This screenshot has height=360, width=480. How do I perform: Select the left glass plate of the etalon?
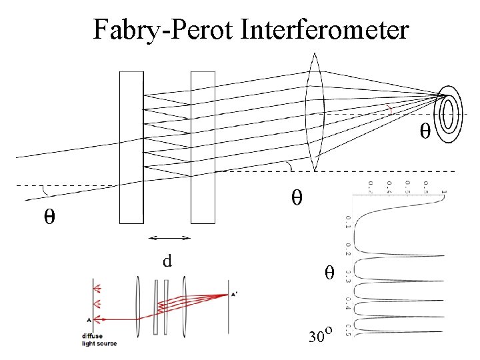[131, 147]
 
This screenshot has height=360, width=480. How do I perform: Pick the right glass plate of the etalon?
[203, 147]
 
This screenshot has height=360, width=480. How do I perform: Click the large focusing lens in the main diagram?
[314, 113]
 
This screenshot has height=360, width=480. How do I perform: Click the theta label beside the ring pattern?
[424, 131]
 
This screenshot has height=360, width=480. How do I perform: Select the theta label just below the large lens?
[297, 197]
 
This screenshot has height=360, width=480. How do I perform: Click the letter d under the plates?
[168, 260]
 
